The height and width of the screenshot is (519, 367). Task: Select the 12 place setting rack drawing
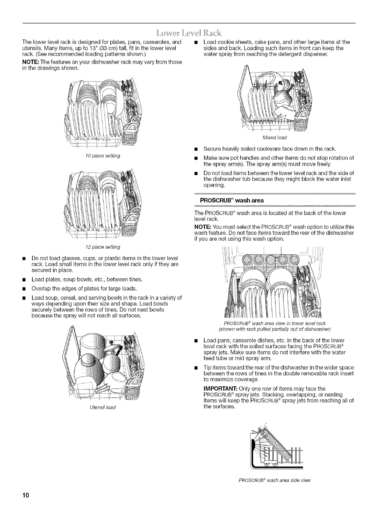[x=103, y=205]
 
